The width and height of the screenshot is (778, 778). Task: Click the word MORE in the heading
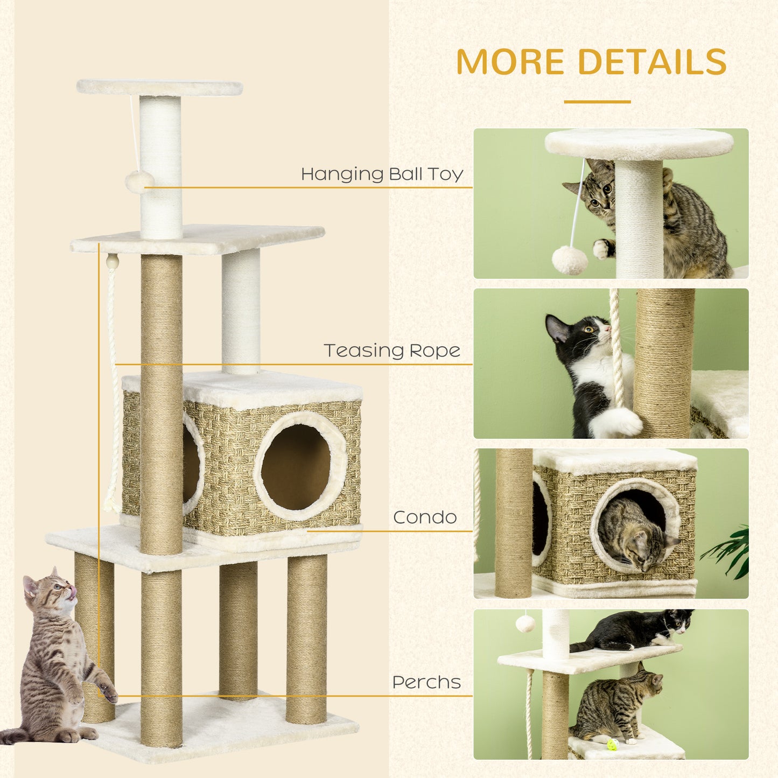(x=510, y=61)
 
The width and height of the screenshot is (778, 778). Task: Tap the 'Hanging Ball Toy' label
(x=382, y=174)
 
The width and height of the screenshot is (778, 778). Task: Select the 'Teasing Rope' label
(x=392, y=351)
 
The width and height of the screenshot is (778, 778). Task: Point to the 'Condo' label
(x=425, y=517)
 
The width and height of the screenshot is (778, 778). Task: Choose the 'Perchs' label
(x=426, y=682)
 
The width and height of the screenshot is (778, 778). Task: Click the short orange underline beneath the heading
(x=597, y=101)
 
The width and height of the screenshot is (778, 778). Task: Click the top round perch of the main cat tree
(x=159, y=87)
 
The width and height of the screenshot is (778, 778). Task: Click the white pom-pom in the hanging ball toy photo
(x=570, y=261)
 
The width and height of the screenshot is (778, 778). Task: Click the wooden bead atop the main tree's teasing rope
(x=112, y=262)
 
